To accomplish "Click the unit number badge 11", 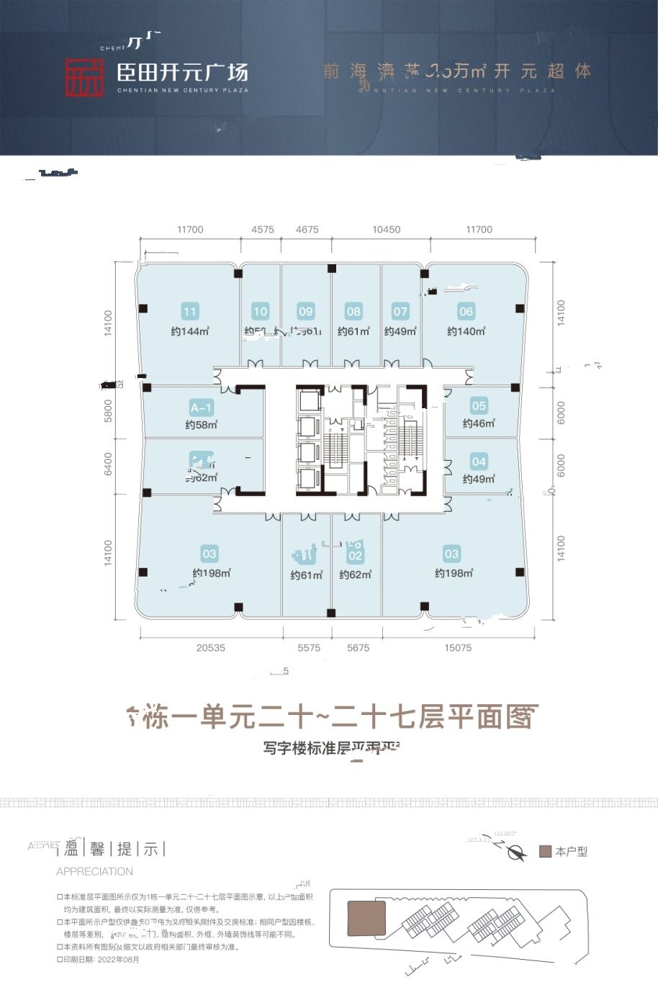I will (x=190, y=312).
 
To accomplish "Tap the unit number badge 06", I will (x=466, y=312).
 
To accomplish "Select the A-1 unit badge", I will (x=202, y=408).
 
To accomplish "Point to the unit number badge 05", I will (x=479, y=406).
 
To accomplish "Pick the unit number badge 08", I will (x=353, y=312).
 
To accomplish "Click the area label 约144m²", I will (x=190, y=331).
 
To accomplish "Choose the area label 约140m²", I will (x=466, y=331).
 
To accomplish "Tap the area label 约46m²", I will (x=479, y=424).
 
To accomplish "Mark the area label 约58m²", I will (x=202, y=425).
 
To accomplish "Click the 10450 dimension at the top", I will (x=387, y=230).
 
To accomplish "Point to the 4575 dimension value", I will (x=263, y=230).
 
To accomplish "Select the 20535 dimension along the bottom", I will (x=210, y=648).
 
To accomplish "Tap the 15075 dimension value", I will (x=458, y=648).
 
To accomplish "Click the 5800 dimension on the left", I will (x=109, y=411).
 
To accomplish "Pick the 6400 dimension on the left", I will (x=109, y=464).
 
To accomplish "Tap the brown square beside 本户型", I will (x=545, y=852).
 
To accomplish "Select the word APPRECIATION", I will (x=94, y=871).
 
